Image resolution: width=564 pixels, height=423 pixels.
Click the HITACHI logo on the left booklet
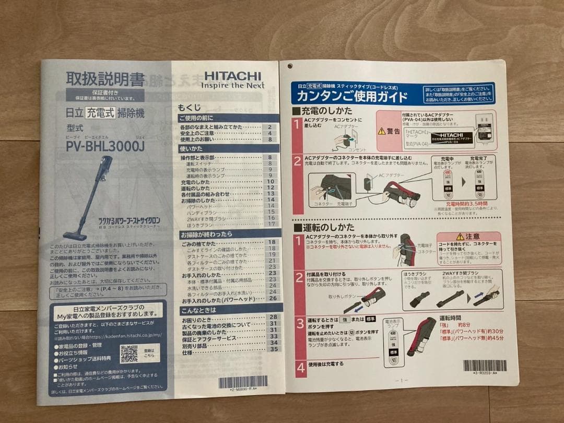click(232, 76)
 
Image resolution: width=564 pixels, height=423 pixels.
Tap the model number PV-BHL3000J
click(105, 147)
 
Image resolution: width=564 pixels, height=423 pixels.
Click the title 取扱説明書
click(105, 79)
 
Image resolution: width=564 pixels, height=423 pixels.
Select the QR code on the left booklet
click(128, 354)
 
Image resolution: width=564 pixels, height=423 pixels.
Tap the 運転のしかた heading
click(323, 227)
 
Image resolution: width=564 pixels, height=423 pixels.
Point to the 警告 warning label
click(389, 131)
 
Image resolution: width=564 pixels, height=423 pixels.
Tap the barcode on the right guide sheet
click(484, 366)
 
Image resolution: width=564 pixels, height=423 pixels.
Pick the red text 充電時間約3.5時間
click(466, 203)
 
